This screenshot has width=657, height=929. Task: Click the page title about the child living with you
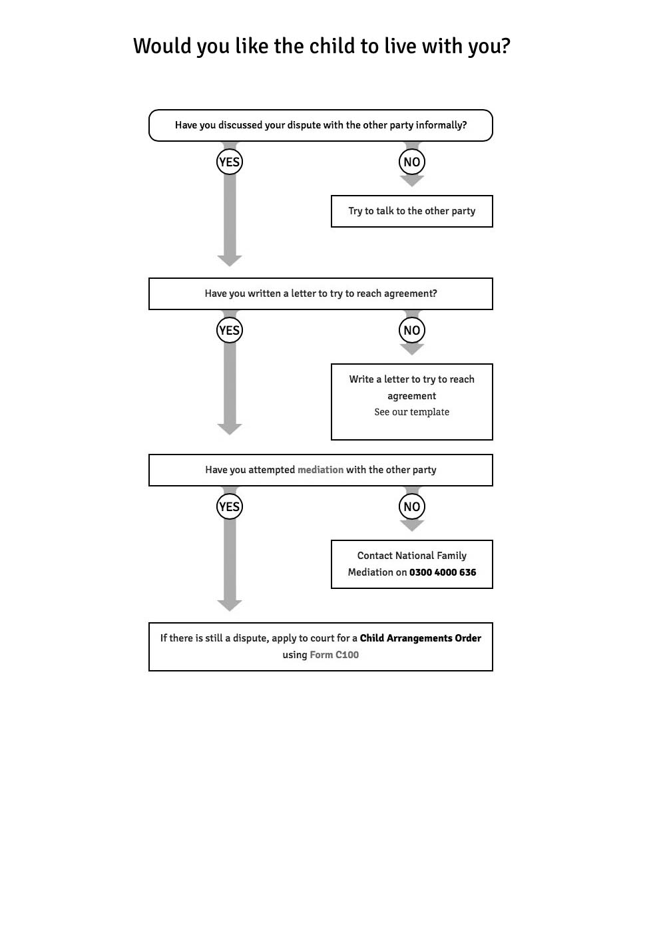click(x=322, y=46)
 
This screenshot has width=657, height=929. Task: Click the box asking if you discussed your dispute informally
click(x=320, y=125)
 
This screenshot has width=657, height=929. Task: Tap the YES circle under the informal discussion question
click(x=229, y=162)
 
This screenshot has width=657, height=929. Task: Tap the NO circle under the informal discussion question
click(x=411, y=162)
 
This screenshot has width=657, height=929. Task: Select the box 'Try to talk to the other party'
click(x=411, y=211)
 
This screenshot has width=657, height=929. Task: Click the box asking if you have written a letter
click(x=320, y=293)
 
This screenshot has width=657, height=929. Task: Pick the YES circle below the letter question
click(x=229, y=330)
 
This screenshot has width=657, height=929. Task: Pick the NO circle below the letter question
click(x=411, y=330)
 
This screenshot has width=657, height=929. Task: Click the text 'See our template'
click(x=411, y=412)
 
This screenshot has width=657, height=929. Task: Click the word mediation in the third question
click(x=320, y=470)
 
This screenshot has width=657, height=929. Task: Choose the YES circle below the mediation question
click(x=229, y=506)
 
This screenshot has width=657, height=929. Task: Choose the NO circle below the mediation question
click(x=411, y=506)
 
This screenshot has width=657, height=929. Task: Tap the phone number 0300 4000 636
click(x=443, y=572)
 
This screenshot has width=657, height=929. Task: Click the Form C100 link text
click(x=334, y=655)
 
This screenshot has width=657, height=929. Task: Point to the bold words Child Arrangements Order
click(x=420, y=638)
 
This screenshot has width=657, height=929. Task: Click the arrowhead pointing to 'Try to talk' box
click(x=411, y=181)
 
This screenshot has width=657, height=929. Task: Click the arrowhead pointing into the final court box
click(x=229, y=605)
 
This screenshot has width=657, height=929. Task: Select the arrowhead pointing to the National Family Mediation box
click(x=411, y=526)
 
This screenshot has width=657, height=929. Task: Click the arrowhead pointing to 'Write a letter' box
click(x=411, y=349)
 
